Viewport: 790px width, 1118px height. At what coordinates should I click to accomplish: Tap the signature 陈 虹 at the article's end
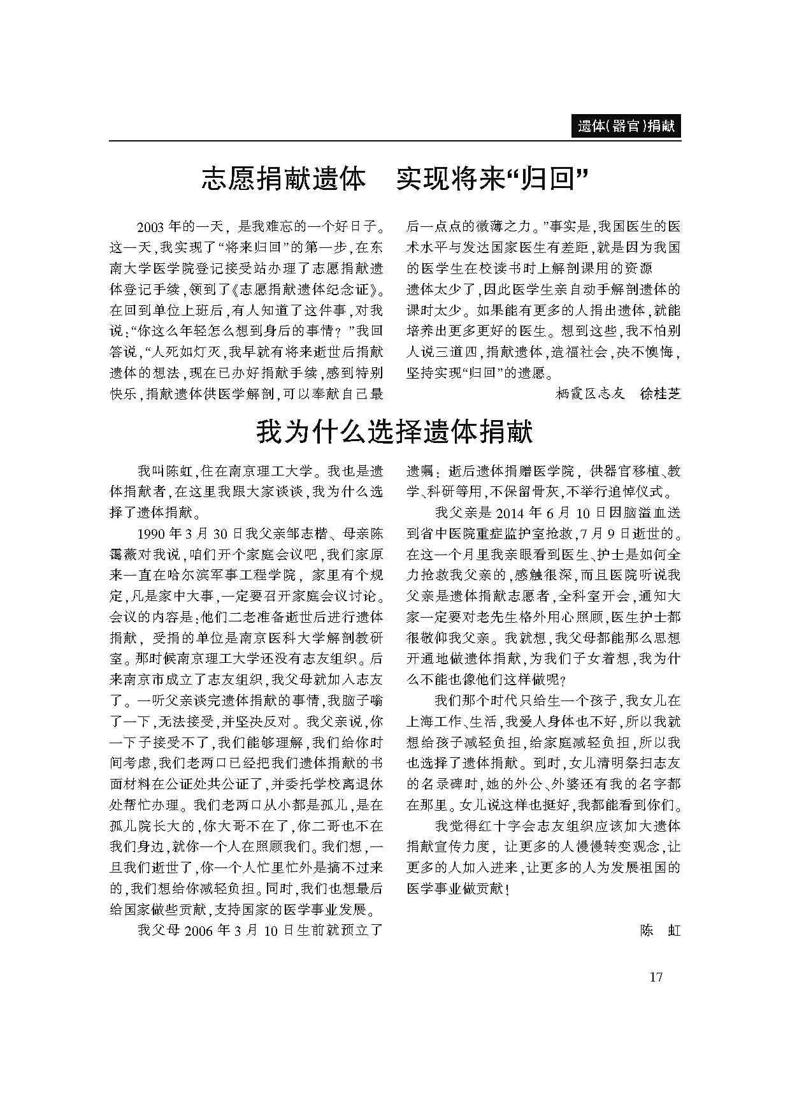pyautogui.click(x=660, y=931)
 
